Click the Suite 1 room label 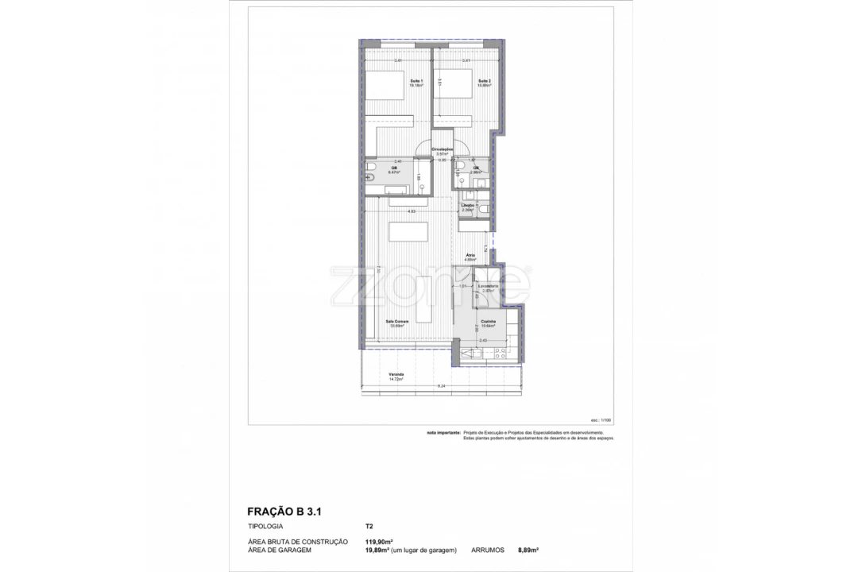(x=416, y=82)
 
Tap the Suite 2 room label (x=484, y=82)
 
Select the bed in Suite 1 (x=386, y=87)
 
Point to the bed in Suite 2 (x=454, y=86)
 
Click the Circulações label (x=443, y=150)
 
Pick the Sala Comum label (x=396, y=322)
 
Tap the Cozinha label (x=488, y=322)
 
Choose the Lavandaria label (x=488, y=287)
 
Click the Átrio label (x=493, y=257)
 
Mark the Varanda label (x=396, y=375)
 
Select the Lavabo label (x=468, y=206)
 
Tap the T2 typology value (x=369, y=526)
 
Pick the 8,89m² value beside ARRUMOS (x=528, y=549)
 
